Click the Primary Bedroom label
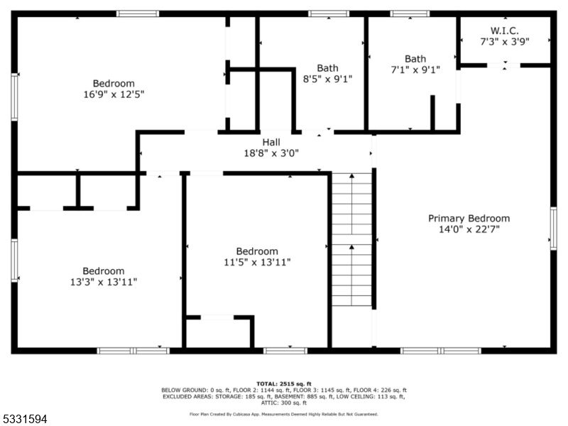[x=469, y=218]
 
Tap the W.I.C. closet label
[x=505, y=31]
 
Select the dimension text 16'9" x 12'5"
[x=114, y=94]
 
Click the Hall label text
[x=271, y=142]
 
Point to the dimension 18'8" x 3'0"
[x=271, y=152]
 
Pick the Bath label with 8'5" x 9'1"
[x=328, y=68]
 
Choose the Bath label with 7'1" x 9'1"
[x=416, y=58]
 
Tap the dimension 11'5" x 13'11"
[x=257, y=262]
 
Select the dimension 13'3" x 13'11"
[x=104, y=281]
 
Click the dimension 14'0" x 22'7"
[x=469, y=229]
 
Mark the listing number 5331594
[x=24, y=420]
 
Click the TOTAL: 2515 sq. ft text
[x=283, y=383]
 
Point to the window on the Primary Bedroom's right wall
[x=553, y=229]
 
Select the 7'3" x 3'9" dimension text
[x=505, y=41]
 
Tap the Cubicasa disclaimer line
[x=283, y=413]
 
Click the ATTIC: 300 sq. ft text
[x=283, y=403]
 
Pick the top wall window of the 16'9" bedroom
[x=138, y=13]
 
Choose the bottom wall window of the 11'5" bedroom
[x=285, y=350]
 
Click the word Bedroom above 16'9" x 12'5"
[x=114, y=83]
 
